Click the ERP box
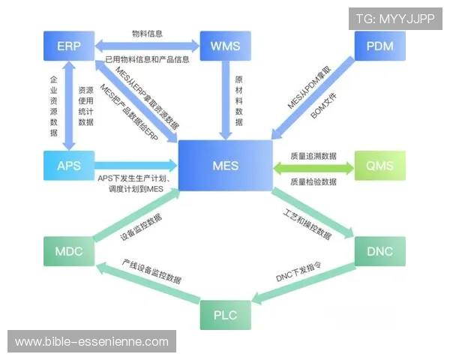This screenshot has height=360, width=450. (x=68, y=47)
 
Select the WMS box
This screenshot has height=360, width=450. (x=225, y=47)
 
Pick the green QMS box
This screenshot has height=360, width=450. (x=379, y=164)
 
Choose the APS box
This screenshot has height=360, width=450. (x=68, y=164)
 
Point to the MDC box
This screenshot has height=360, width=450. (x=68, y=250)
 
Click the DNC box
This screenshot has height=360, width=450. (x=379, y=250)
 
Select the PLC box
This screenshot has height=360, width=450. (x=224, y=313)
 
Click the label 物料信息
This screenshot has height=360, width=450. (x=147, y=34)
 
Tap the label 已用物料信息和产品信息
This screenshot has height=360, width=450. (x=147, y=59)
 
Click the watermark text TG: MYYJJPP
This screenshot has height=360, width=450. (x=395, y=18)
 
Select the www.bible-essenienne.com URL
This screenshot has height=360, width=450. (x=92, y=342)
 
